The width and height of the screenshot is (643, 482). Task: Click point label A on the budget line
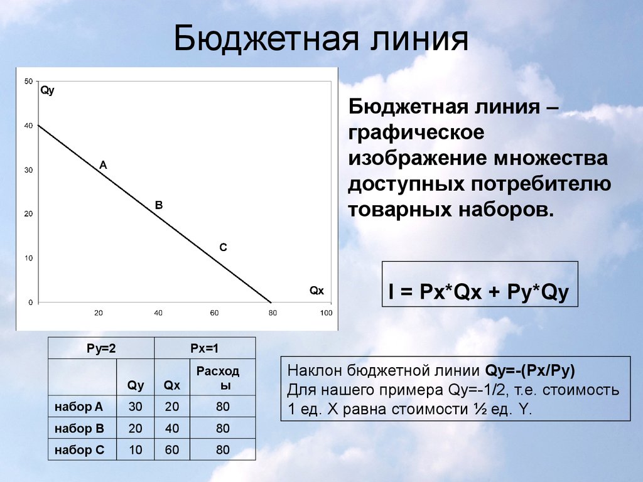point(103,165)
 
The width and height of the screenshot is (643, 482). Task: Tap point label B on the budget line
point(159,205)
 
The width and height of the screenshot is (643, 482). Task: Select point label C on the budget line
point(223,247)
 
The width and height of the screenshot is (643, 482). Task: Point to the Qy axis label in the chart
point(47,90)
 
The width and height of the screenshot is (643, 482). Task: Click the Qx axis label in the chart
point(316,291)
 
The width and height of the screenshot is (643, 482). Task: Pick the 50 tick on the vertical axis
point(28,81)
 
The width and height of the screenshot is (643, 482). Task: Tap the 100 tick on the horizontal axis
point(326,313)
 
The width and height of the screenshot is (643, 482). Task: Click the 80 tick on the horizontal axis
point(273,313)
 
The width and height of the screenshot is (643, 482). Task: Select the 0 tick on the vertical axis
point(30,303)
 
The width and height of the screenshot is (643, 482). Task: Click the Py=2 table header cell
point(101,348)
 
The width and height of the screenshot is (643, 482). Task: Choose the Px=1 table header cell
point(205,348)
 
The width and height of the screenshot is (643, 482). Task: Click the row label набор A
point(78,407)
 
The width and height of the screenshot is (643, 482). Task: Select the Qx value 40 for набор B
point(172,428)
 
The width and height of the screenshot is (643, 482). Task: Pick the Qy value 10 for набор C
point(136,449)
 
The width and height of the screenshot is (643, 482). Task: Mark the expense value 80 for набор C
point(223,449)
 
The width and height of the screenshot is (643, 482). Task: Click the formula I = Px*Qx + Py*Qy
point(479,292)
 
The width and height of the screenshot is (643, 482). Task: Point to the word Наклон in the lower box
point(315,370)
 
